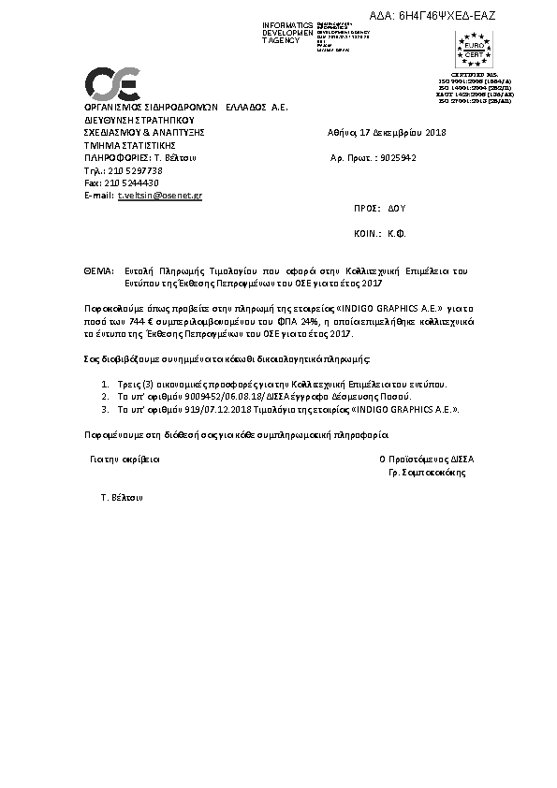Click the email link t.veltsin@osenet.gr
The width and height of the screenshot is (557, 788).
[x=159, y=196]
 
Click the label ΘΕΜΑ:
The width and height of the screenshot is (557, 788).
[x=98, y=270]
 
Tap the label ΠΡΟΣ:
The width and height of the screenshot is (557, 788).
[x=366, y=210]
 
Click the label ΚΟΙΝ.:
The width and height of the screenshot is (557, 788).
[x=366, y=236]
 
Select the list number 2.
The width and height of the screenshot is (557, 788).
[x=103, y=397]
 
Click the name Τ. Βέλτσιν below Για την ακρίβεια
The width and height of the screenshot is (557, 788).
[x=121, y=499]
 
